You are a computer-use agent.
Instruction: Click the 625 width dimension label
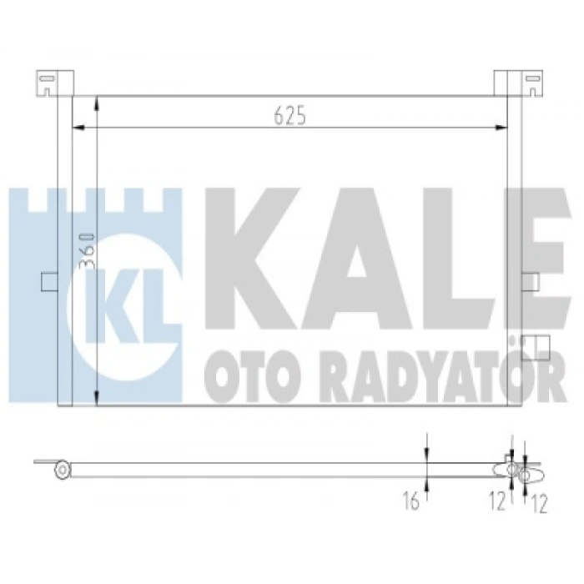coord(289,115)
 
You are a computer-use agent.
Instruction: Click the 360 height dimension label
coord(88,251)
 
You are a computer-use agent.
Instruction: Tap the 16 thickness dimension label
coord(410,501)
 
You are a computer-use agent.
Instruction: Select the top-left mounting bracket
coord(55,83)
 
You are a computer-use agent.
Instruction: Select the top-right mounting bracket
coord(518,83)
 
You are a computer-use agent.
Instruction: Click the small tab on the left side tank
coord(49,282)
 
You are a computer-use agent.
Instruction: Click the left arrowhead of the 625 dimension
coord(78,128)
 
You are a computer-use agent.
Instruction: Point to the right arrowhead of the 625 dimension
coord(501,128)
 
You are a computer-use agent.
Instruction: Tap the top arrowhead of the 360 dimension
coord(97,103)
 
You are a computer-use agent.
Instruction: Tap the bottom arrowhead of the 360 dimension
coord(97,398)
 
